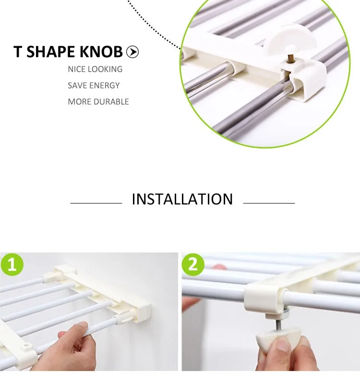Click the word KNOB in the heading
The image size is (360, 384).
point(101,52)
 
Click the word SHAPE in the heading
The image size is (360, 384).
point(50,52)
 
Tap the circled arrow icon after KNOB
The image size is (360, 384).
point(132,52)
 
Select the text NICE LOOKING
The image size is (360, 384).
point(95,69)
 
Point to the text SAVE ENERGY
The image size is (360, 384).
point(94,85)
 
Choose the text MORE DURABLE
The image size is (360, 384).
point(98,102)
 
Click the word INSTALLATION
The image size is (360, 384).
point(182,199)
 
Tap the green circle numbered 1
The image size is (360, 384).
point(12,265)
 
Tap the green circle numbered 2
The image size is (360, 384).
point(193,265)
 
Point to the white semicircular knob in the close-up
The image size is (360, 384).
point(290,40)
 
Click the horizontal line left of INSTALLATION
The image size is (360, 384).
point(96,203)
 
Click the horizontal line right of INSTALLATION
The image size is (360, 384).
point(269,203)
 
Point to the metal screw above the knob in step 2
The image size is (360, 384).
point(278,323)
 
